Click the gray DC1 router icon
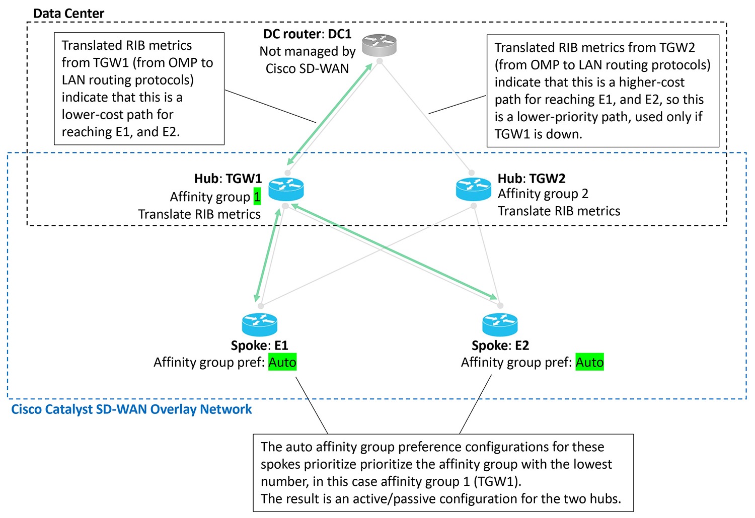pyautogui.click(x=380, y=45)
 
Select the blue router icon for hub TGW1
pyautogui.click(x=286, y=189)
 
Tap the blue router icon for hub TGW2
pyautogui.click(x=473, y=189)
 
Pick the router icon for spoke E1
pyautogui.click(x=259, y=324)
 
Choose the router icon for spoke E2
pyautogui.click(x=500, y=324)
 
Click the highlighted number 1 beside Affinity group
pyautogui.click(x=257, y=197)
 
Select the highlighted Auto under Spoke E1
pyautogui.click(x=282, y=362)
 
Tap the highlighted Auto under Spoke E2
pyautogui.click(x=589, y=362)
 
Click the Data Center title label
pyautogui.click(x=68, y=14)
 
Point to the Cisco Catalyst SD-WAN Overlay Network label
pyautogui.click(x=131, y=409)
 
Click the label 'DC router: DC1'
pyautogui.click(x=307, y=34)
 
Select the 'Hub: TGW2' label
pyautogui.click(x=532, y=179)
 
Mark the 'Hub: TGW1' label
pyautogui.click(x=228, y=179)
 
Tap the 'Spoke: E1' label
pyautogui.click(x=259, y=346)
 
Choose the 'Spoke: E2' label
pyautogui.click(x=500, y=346)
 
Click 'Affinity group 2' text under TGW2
pyautogui.click(x=543, y=194)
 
